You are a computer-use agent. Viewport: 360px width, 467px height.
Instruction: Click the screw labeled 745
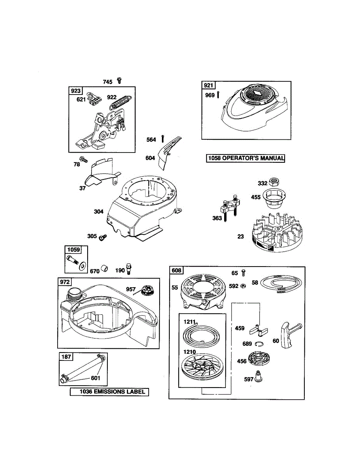[119, 81]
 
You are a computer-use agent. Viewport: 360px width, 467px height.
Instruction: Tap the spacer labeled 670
[104, 269]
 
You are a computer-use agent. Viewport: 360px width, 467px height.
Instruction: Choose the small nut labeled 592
[242, 286]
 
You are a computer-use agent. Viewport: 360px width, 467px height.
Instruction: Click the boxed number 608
[176, 270]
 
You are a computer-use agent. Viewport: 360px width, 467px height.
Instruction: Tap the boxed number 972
[65, 282]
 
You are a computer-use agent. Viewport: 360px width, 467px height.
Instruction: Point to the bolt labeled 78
[83, 159]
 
